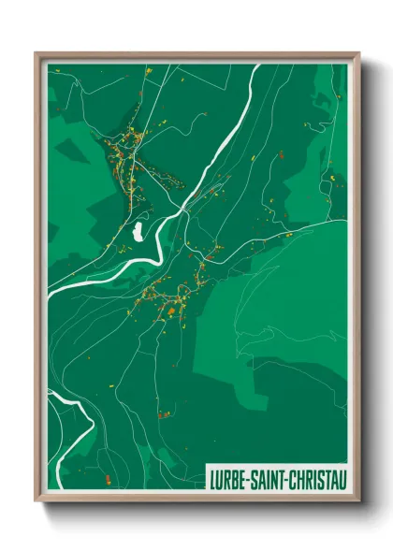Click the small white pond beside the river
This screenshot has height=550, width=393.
coord(138,230)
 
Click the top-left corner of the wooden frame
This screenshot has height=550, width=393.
coord(36,54)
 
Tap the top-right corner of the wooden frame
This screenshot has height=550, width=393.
coord(358,54)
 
